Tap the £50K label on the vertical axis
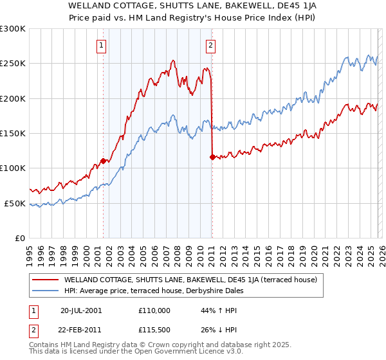15,203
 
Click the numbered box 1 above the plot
102,45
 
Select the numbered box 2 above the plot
211,45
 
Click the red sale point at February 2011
212,156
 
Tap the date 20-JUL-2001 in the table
81,310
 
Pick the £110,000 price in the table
154,310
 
